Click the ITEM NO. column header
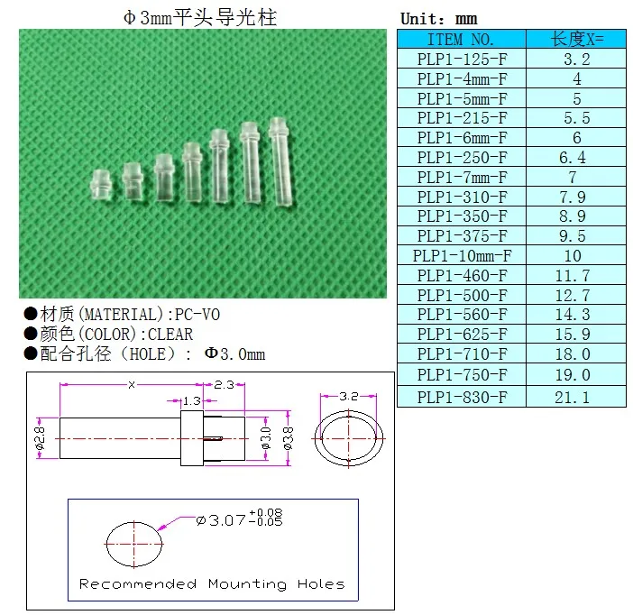461,39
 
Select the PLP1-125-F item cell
462,60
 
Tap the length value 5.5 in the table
577,118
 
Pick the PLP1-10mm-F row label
462,255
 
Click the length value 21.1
572,398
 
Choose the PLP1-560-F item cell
462,315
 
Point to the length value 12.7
573,295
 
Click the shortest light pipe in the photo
100,185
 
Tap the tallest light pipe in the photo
281,161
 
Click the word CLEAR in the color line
170,335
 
